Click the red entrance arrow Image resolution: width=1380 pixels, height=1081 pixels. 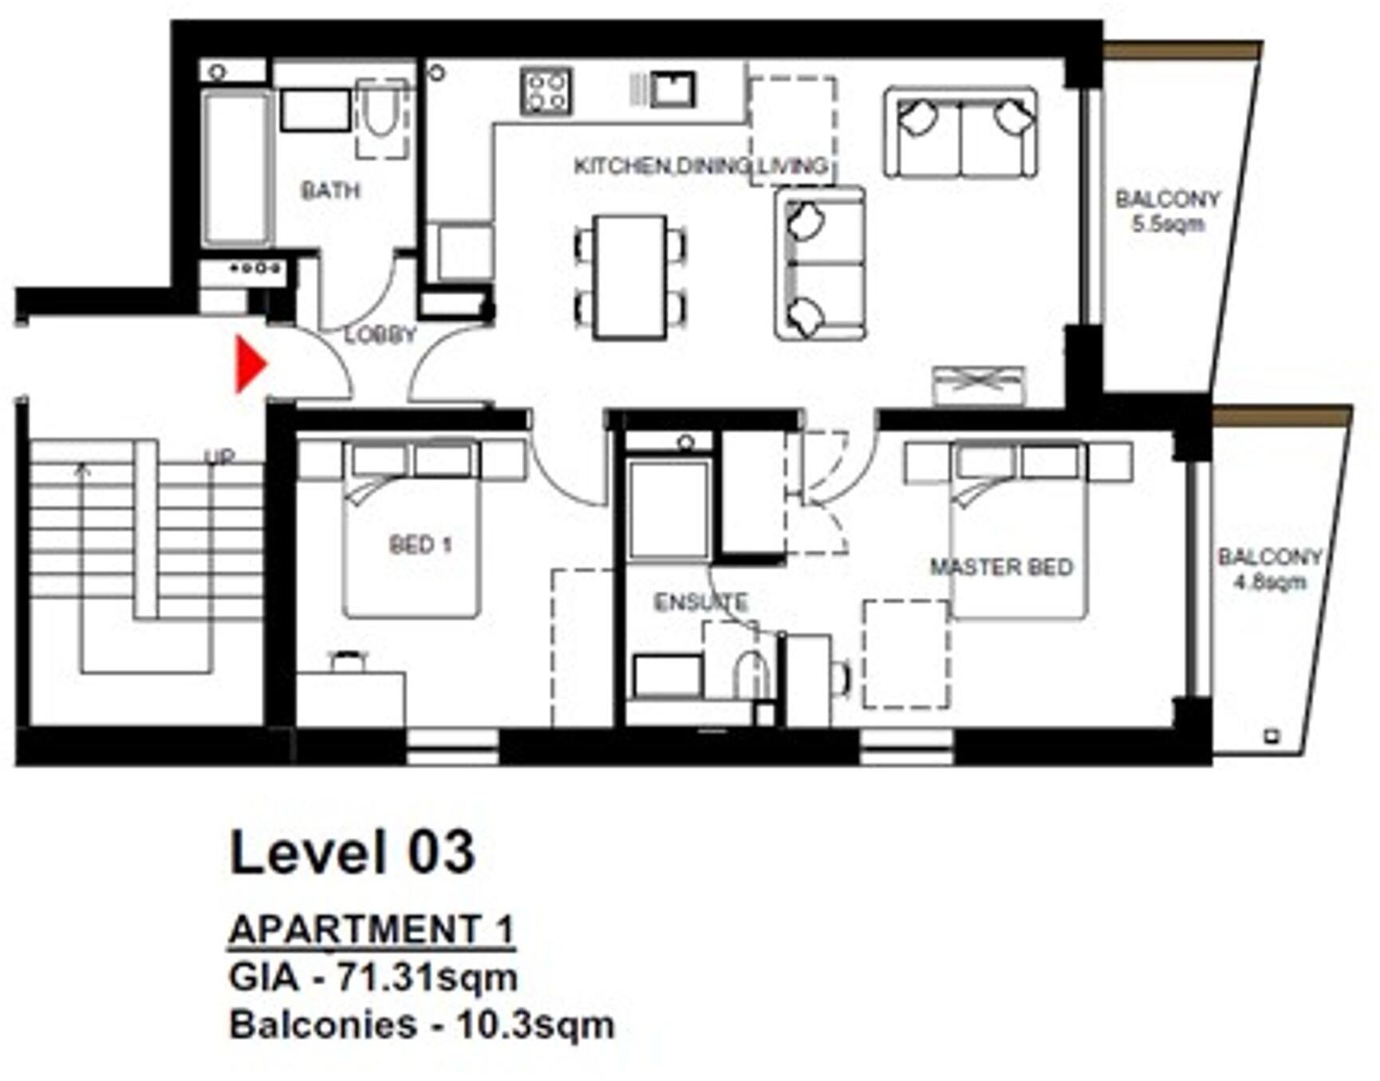tap(249, 364)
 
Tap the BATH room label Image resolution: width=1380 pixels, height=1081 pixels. tap(330, 191)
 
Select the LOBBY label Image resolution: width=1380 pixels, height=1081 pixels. tap(380, 334)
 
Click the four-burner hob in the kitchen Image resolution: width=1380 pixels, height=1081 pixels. tap(546, 90)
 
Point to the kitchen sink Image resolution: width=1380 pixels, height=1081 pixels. tap(672, 89)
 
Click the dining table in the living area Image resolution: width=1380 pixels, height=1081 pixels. tap(630, 277)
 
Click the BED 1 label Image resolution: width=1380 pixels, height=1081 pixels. tap(420, 545)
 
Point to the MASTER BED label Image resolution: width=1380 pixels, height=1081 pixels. tap(1002, 567)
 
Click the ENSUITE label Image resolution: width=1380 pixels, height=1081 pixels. tap(700, 602)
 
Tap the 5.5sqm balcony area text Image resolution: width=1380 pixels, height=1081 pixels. tap(1168, 224)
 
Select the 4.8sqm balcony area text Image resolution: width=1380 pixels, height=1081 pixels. tap(1270, 582)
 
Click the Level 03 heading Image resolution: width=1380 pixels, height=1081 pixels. tap(352, 851)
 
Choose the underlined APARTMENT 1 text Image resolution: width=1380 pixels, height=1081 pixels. tap(371, 929)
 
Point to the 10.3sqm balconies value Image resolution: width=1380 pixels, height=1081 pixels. tap(534, 1025)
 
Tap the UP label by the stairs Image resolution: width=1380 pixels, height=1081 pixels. tap(219, 457)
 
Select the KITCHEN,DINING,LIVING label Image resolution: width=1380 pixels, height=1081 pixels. tap(700, 166)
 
